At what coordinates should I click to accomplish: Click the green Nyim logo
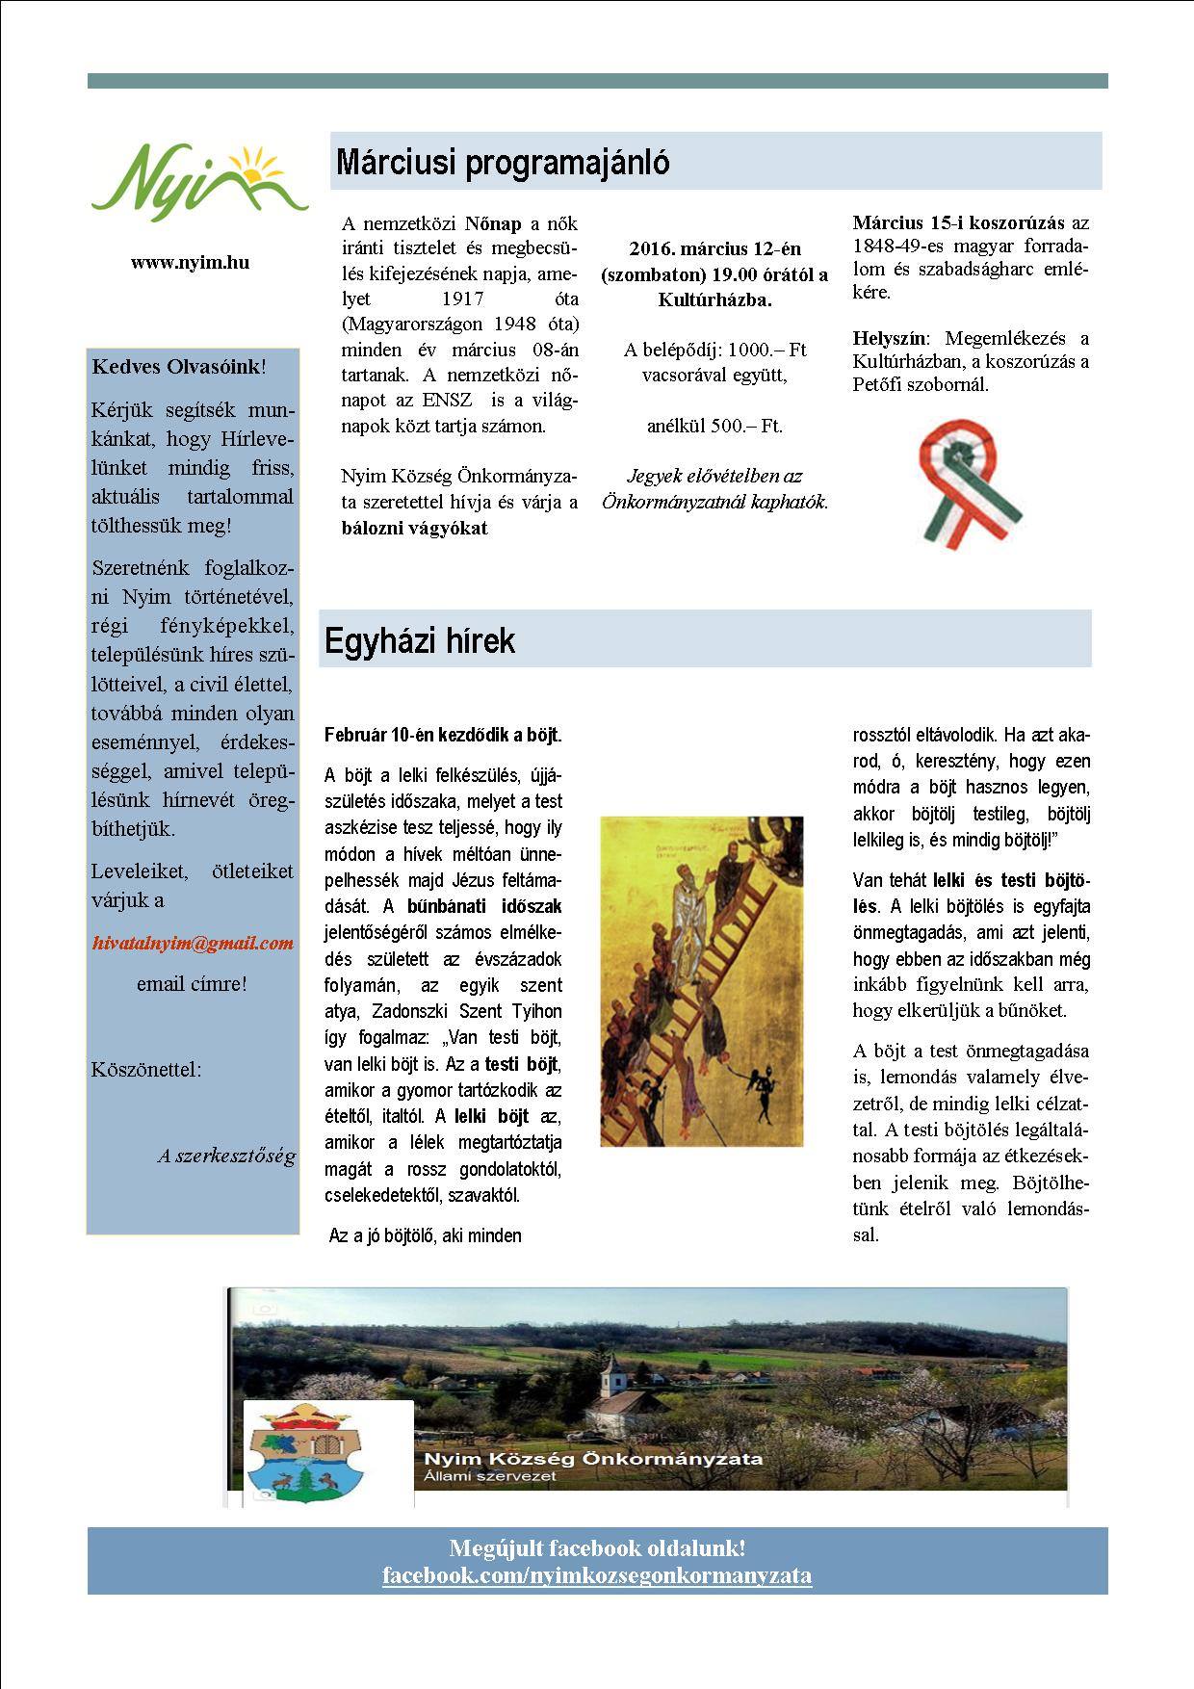point(199,181)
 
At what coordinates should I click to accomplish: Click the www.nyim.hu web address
point(191,262)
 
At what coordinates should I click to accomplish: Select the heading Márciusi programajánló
point(502,163)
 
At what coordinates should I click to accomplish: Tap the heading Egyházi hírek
point(420,641)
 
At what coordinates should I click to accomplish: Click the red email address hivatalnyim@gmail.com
point(193,943)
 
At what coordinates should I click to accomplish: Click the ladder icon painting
point(701,981)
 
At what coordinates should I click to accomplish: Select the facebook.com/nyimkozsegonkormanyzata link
point(597,1575)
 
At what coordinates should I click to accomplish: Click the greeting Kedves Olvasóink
point(176,367)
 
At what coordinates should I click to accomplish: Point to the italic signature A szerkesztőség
point(226,1156)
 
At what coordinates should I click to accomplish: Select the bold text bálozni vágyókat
point(414,528)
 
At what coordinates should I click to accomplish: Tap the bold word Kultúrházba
point(714,299)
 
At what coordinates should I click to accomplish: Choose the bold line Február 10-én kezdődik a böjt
point(443,735)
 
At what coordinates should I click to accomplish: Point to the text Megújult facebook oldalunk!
point(597,1548)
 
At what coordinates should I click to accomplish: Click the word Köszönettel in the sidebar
point(146,1070)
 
